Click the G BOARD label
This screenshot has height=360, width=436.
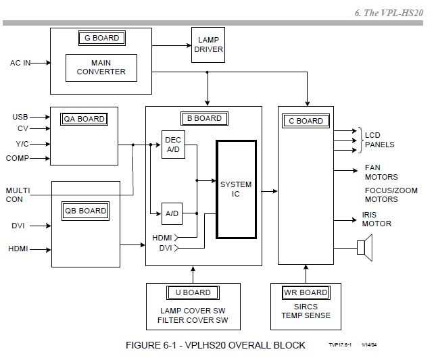(x=101, y=38)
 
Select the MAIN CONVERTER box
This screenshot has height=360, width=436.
(x=101, y=68)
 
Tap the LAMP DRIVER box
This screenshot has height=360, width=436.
(x=208, y=45)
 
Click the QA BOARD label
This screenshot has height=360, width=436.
(x=84, y=119)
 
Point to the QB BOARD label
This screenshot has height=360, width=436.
(x=85, y=211)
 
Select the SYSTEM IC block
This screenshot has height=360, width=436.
(x=236, y=189)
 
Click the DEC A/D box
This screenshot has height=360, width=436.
(x=173, y=144)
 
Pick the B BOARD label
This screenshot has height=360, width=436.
(x=204, y=118)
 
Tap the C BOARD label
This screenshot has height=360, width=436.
(x=306, y=121)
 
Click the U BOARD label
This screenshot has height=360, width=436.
(x=193, y=292)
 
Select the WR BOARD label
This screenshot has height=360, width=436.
(x=305, y=292)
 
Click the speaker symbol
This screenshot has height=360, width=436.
(x=364, y=248)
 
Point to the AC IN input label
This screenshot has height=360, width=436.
(x=22, y=63)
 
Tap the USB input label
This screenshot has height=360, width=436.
(x=20, y=117)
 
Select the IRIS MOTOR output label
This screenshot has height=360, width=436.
(x=377, y=219)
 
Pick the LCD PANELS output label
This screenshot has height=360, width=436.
(x=379, y=140)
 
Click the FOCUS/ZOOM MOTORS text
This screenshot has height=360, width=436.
(x=391, y=195)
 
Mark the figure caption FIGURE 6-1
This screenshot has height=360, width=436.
(x=215, y=345)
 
